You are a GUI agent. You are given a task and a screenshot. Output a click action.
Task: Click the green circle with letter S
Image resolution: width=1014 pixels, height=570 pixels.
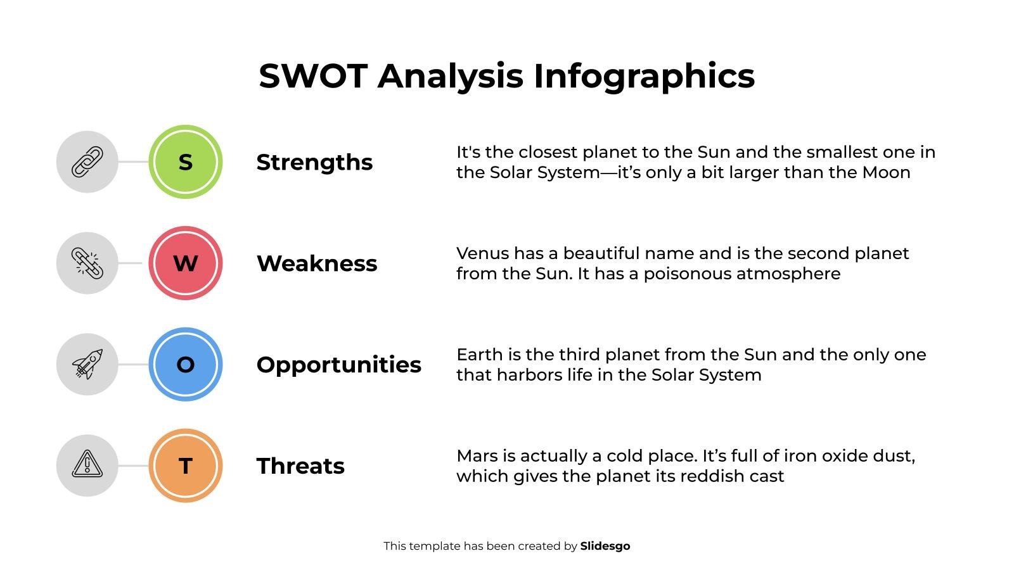point(185,162)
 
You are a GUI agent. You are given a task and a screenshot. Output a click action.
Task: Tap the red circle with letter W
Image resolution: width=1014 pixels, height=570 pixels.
point(185,263)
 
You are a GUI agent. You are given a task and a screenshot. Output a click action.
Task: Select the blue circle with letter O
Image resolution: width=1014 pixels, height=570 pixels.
point(185,364)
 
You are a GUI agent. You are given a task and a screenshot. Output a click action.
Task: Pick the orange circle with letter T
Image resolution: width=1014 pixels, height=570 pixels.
point(185,465)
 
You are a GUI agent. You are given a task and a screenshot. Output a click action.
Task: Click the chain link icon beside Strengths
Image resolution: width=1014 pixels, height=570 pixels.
point(87,162)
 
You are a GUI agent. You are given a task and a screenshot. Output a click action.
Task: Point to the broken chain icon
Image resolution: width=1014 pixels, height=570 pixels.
point(87,263)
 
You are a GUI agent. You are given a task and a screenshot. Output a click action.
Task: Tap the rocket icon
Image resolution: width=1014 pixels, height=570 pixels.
point(87,364)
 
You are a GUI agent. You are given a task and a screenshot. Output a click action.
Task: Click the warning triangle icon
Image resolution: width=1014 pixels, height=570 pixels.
point(87,464)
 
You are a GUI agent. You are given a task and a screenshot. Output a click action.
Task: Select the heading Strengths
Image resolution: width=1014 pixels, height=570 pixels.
point(314,162)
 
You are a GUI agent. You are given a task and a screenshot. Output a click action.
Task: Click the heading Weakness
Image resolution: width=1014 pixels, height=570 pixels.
point(317,263)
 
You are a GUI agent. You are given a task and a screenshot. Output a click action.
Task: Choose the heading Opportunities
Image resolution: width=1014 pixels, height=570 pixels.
point(338,365)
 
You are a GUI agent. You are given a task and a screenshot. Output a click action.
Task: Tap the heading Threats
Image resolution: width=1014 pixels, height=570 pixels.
point(300,466)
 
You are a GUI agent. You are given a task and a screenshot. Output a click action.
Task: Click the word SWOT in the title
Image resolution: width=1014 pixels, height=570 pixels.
point(313,76)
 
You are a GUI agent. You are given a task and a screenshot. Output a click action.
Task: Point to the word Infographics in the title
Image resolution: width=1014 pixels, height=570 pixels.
point(644,76)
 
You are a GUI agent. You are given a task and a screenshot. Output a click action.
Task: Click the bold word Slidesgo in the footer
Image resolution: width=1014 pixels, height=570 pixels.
point(605,546)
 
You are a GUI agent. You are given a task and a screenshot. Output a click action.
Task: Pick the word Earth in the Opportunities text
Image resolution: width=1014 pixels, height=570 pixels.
point(476,355)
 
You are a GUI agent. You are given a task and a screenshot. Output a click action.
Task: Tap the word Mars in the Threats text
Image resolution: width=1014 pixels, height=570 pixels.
point(477,456)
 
